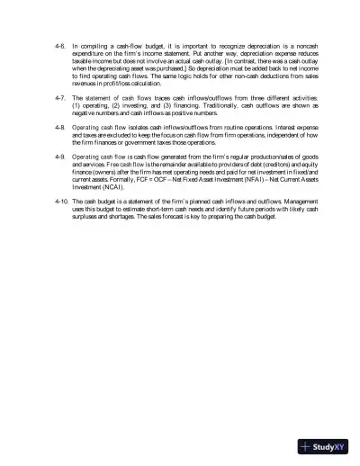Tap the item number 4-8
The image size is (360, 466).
pos(59,128)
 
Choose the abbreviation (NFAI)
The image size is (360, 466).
pos(243,181)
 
